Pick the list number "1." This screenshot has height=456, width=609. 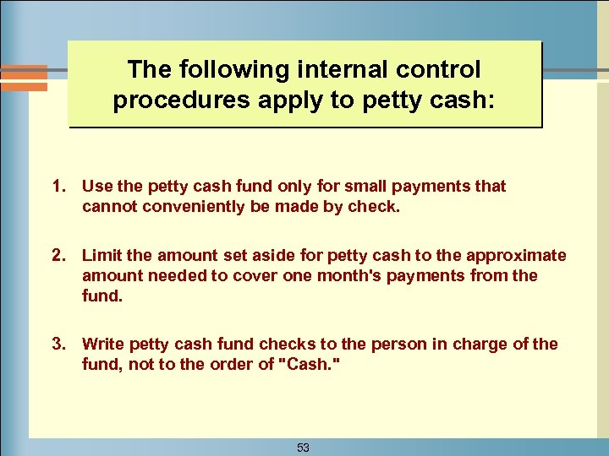(x=59, y=186)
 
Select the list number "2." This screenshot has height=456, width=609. (x=59, y=256)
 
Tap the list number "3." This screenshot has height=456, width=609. (x=59, y=344)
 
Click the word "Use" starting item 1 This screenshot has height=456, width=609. (x=96, y=186)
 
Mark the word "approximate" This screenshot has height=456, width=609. (x=520, y=256)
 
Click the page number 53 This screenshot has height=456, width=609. (x=303, y=448)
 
